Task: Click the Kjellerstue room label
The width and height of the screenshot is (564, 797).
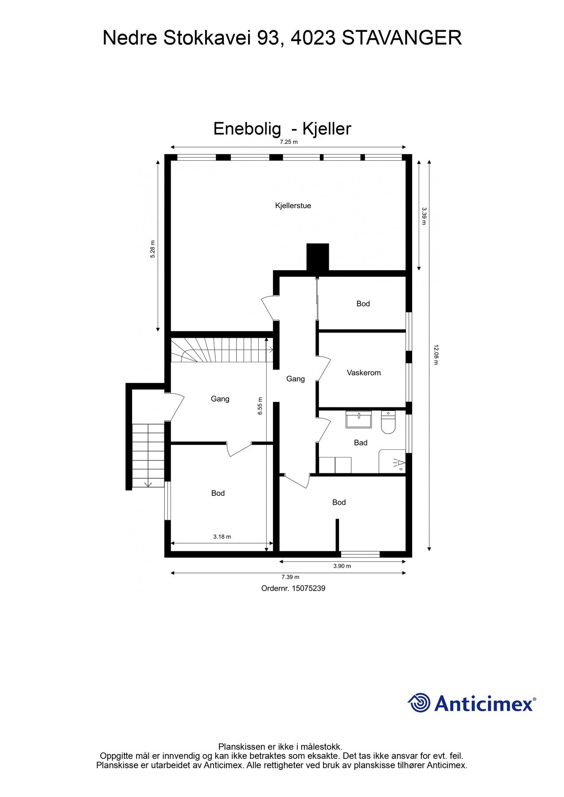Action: click(x=293, y=205)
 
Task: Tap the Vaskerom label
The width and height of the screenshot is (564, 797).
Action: click(x=363, y=373)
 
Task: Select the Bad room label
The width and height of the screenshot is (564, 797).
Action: click(x=360, y=443)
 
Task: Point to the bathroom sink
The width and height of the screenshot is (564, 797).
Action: click(x=359, y=419)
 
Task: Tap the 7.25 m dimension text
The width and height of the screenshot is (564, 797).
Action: click(x=288, y=142)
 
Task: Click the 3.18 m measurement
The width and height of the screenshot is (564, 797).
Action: click(x=222, y=537)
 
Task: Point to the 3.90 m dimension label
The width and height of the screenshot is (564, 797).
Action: click(x=342, y=566)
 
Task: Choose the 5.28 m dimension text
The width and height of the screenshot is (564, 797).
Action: click(x=153, y=249)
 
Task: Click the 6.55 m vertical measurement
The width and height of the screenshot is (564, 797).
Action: click(x=261, y=406)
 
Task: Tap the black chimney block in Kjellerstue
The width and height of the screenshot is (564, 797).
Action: click(x=318, y=256)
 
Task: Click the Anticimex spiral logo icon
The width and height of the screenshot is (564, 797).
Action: click(x=419, y=703)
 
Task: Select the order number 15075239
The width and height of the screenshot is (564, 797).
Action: click(x=308, y=588)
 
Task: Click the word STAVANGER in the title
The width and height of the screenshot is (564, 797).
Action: click(x=402, y=38)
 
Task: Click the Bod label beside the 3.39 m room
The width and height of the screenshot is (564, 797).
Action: click(x=363, y=304)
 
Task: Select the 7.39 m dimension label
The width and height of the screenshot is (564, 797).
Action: click(x=290, y=577)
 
